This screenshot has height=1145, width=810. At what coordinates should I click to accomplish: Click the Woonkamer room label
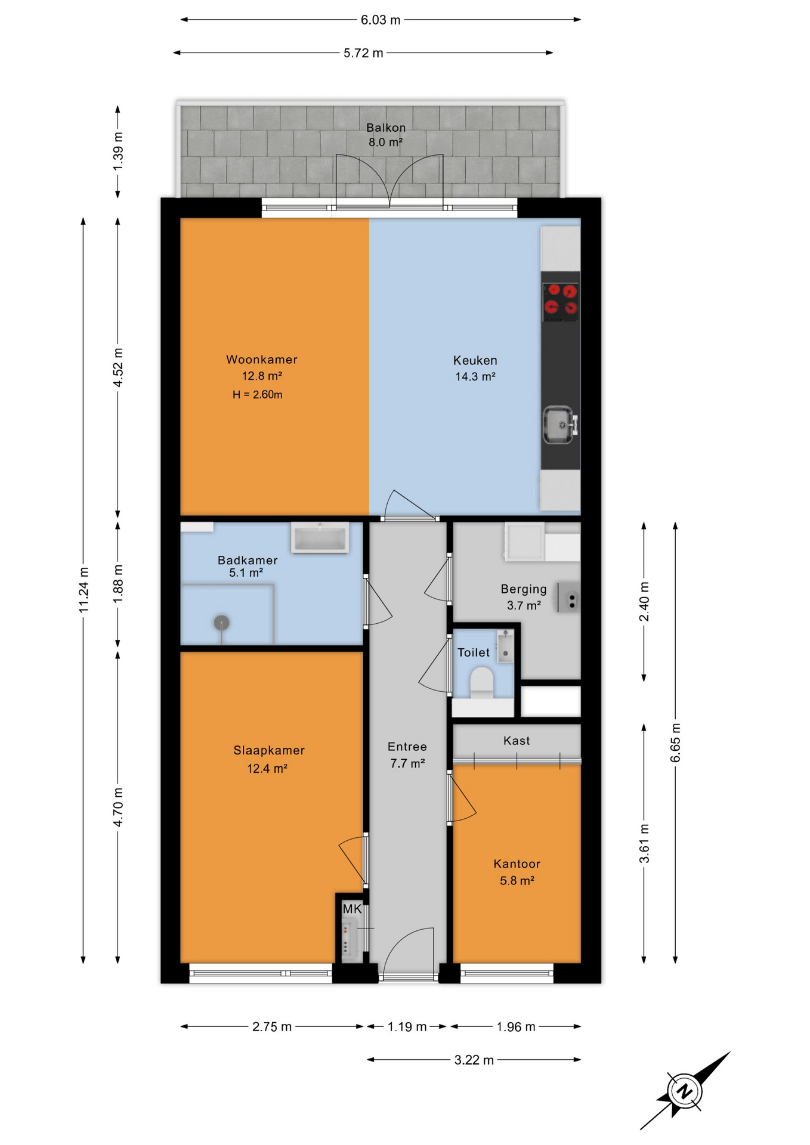point(262,360)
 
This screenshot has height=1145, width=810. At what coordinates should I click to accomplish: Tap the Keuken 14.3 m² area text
point(475,377)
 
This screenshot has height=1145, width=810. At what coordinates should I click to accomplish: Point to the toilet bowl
point(482,682)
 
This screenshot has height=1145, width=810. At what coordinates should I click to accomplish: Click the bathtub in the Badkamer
point(320,538)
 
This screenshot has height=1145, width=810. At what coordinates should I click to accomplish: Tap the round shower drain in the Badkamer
point(222,623)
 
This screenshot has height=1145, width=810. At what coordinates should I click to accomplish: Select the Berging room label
point(524,589)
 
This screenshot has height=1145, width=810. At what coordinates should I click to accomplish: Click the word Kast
point(517,741)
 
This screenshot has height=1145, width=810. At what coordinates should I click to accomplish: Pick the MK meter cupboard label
point(352,909)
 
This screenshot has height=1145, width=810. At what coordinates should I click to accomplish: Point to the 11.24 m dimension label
point(84,590)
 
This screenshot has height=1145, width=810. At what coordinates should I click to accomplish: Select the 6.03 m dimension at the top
point(381,20)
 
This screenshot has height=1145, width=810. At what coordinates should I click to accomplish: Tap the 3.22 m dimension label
point(474,1060)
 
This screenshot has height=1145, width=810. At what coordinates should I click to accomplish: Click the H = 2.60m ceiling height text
point(258,395)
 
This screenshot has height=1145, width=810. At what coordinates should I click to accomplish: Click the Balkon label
point(386,128)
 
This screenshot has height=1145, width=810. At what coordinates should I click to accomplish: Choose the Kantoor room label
point(517,864)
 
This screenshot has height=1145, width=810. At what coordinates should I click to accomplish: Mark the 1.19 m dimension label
point(407,1026)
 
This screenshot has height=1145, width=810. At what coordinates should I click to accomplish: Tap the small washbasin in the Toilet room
point(505,646)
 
